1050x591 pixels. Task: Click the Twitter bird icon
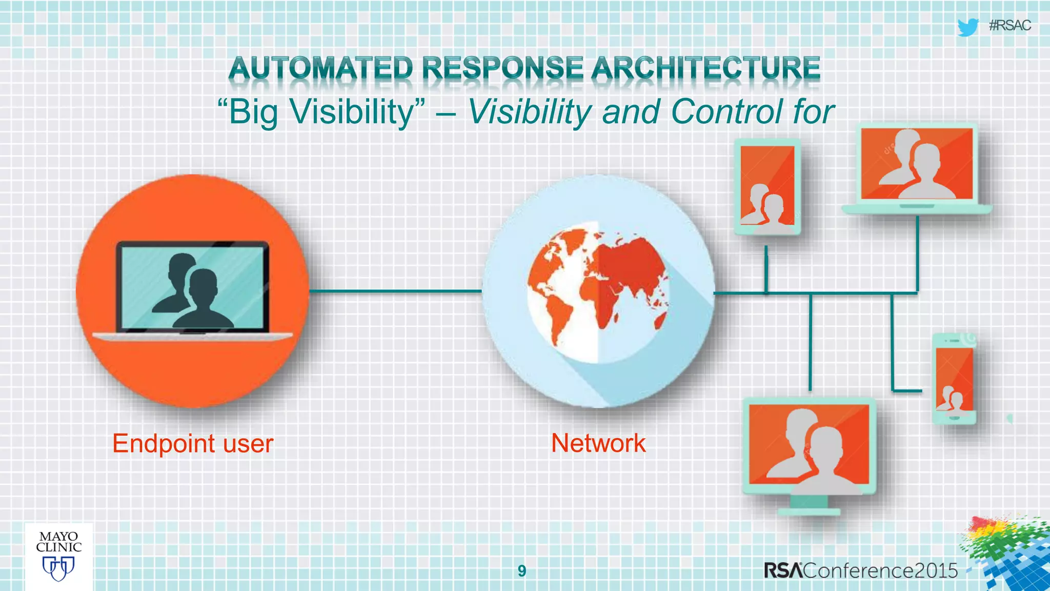[967, 27]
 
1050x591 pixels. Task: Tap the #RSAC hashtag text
[1009, 26]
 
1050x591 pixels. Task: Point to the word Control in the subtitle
[727, 111]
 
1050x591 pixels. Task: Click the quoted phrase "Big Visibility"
[321, 112]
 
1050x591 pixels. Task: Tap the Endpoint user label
[193, 443]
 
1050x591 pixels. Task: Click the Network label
[598, 443]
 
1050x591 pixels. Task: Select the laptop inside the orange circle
[193, 290]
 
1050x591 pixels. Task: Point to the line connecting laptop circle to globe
[395, 291]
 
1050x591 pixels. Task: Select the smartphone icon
[954, 379]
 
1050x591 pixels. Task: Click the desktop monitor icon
[809, 446]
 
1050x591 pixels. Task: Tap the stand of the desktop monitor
[809, 505]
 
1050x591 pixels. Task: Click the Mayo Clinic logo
[59, 557]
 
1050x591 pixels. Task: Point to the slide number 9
[522, 570]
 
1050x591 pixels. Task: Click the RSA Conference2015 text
[860, 570]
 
